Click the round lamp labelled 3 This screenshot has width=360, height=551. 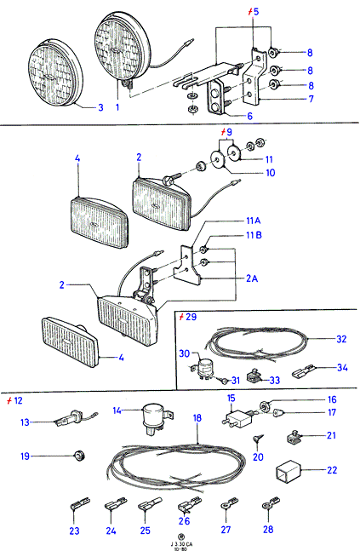[x=54, y=73]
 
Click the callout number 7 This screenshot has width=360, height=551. [x=311, y=99]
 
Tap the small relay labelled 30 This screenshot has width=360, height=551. [x=201, y=368]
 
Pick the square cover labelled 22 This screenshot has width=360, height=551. [x=289, y=470]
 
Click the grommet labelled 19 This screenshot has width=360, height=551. [x=79, y=456]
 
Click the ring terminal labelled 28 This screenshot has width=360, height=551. [x=271, y=502]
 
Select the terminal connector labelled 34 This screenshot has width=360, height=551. [x=304, y=372]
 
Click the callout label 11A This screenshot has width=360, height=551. [x=253, y=221]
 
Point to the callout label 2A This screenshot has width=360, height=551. [x=252, y=278]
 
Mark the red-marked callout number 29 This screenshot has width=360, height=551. [x=191, y=317]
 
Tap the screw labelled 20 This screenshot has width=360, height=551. [x=257, y=439]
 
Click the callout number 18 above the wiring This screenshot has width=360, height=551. [x=197, y=418]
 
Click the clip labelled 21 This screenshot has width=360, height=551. [x=294, y=436]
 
